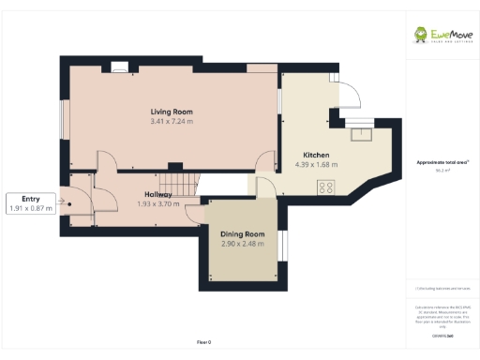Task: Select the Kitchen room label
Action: (315, 155)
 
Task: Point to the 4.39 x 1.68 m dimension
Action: (315, 164)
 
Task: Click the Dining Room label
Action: (242, 234)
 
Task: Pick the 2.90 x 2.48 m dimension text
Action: (242, 244)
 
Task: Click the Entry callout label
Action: (31, 199)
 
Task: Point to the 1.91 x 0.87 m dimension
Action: (31, 208)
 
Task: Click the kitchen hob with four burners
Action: (326, 187)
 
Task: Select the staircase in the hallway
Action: (178, 180)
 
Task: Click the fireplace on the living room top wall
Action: (118, 67)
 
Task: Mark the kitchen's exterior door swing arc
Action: (346, 94)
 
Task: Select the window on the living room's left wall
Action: (63, 116)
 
